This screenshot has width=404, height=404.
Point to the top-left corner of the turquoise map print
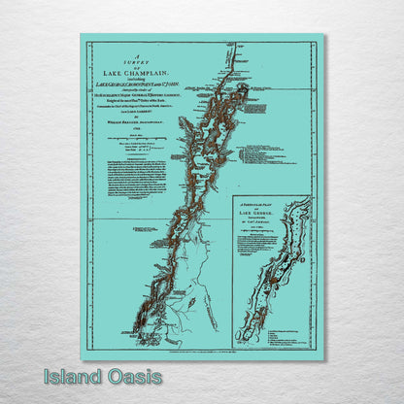pyautogui.click(x=81, y=35)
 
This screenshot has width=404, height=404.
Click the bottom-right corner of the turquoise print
pyautogui.click(x=326, y=360)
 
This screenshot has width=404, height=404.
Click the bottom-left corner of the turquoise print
pyautogui.click(x=81, y=360)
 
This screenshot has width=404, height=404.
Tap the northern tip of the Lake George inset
pyautogui.click(x=309, y=202)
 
